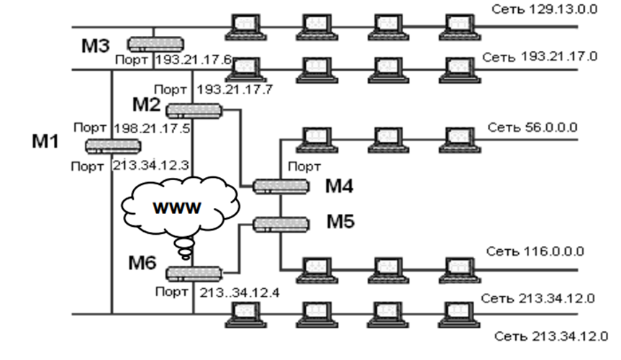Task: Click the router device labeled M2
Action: click(x=193, y=110)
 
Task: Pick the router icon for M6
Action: click(x=193, y=274)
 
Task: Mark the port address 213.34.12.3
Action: click(x=151, y=166)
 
